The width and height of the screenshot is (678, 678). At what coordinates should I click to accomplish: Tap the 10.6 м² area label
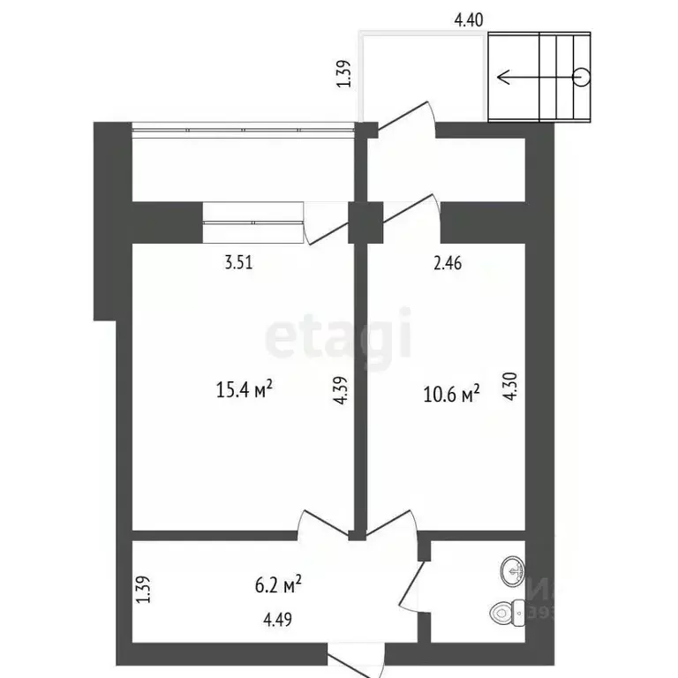451,392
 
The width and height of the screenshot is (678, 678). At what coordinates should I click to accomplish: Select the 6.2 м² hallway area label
278,583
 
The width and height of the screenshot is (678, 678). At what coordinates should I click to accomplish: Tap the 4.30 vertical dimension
509,387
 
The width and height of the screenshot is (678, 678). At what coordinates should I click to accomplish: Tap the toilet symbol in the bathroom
503,612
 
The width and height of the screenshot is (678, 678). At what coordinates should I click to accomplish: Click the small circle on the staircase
581,76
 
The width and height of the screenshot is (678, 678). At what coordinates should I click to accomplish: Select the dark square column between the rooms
365,221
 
